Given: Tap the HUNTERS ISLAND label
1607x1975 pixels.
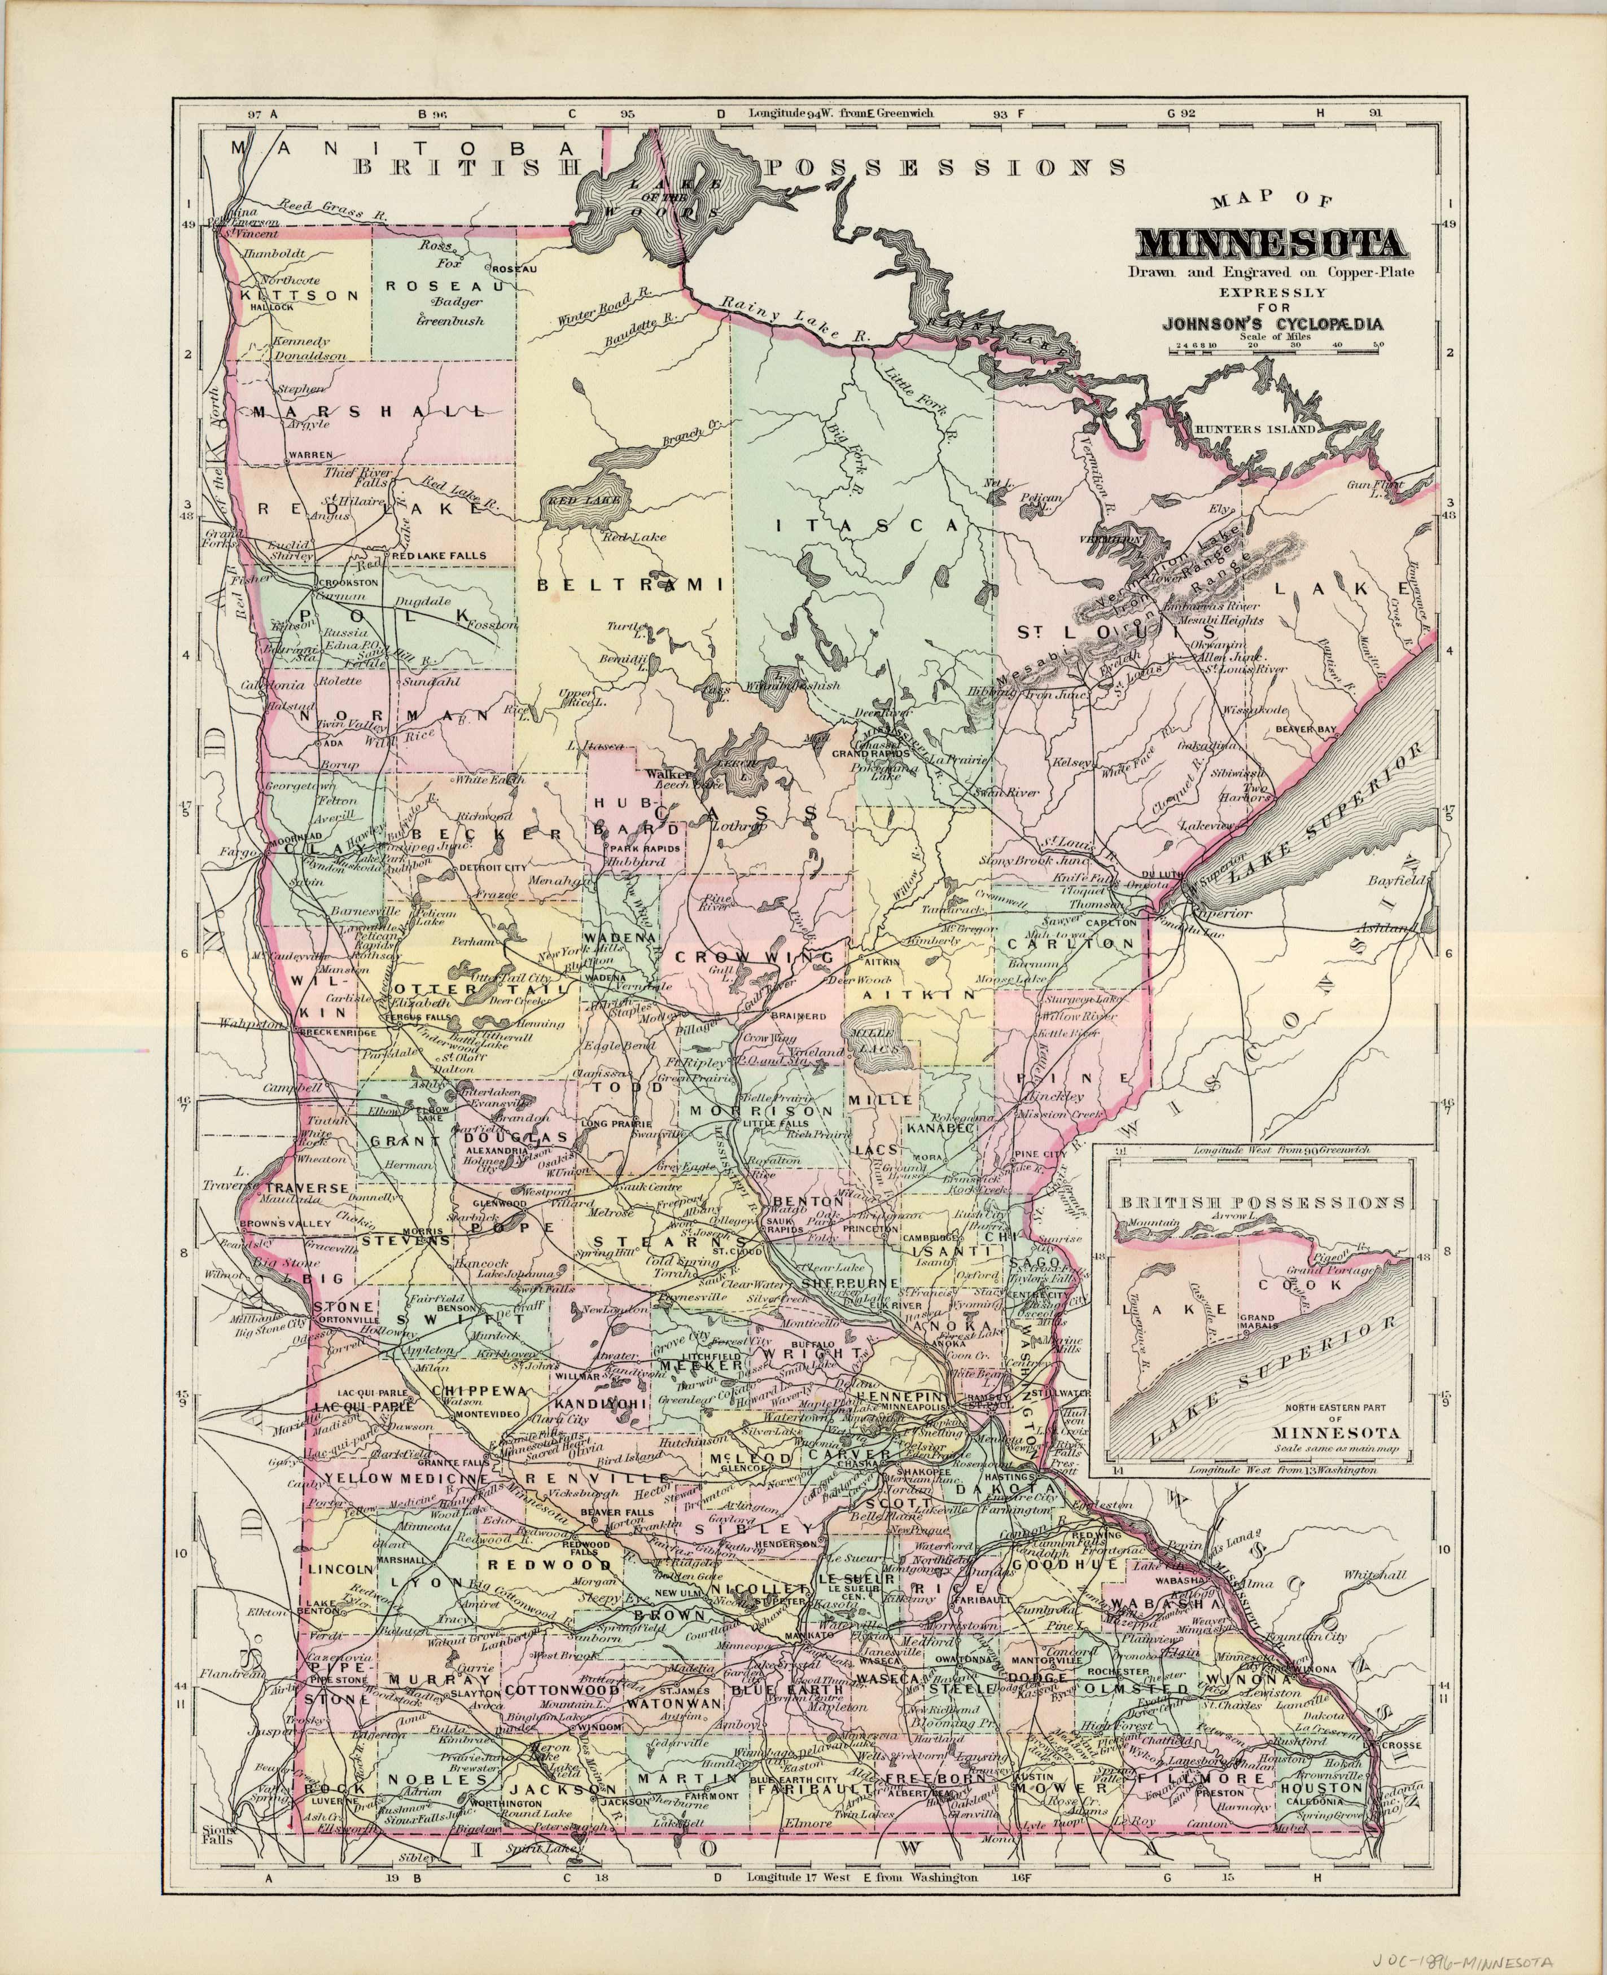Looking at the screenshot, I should coord(1254,431).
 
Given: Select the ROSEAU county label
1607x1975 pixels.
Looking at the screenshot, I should coord(444,286).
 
